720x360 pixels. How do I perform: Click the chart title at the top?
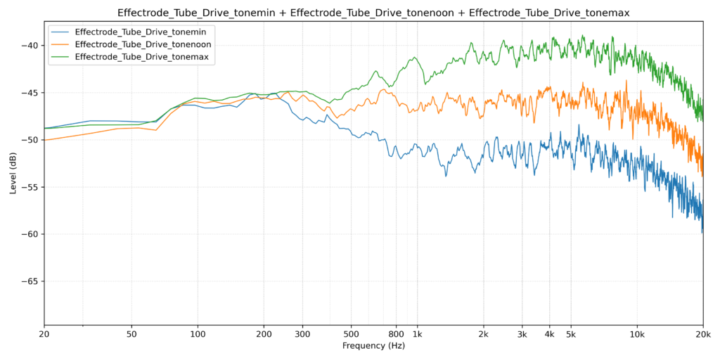point(373,13)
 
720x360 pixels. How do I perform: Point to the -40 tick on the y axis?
point(31,46)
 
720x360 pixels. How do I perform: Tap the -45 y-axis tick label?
point(31,93)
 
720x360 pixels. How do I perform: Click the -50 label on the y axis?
point(31,140)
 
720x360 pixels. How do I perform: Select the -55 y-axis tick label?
point(31,187)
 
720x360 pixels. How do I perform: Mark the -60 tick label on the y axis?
point(31,234)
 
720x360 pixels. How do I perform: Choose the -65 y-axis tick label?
point(31,281)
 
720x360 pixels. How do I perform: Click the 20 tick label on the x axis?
point(44,335)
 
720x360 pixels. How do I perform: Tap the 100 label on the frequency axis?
point(198,335)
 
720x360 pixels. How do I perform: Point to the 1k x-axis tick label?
point(417,335)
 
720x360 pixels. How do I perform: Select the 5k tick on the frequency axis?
point(571,335)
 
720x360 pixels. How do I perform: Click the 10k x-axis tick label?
point(637,335)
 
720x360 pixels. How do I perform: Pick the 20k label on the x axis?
point(703,335)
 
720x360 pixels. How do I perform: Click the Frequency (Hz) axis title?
point(373,346)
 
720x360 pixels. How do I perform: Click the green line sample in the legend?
point(60,56)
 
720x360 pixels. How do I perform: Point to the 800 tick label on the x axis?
point(396,335)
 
